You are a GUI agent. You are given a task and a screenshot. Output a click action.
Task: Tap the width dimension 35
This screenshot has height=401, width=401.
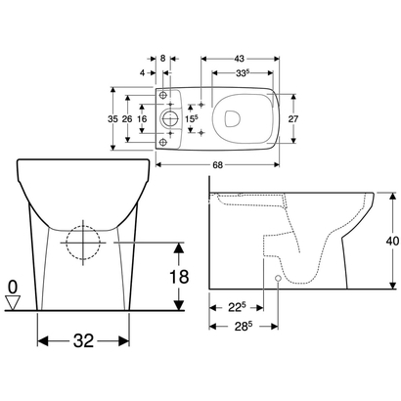pos(113,118)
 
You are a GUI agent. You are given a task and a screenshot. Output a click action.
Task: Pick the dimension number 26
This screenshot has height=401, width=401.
pos(128,118)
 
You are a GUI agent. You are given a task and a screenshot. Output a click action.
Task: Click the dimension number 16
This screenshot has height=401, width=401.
pos(143,118)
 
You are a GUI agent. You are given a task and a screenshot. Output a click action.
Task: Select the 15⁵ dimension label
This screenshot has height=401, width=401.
pos(190,118)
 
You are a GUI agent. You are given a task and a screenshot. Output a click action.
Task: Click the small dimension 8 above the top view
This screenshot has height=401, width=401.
pos(162,59)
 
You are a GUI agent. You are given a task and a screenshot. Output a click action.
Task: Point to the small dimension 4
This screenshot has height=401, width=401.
pos(143,72)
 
